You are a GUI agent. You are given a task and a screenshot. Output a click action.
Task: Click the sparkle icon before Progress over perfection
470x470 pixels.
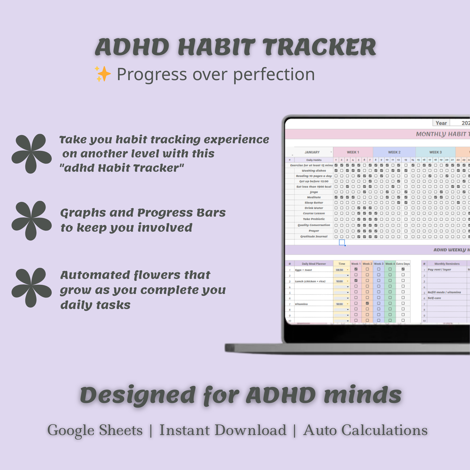click(102, 74)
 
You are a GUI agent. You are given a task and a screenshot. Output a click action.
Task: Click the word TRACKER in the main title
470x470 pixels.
click(319, 47)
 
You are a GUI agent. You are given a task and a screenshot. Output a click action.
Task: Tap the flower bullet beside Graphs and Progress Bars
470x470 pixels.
click(31, 220)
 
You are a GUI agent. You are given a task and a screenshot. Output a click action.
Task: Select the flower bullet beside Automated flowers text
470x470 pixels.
click(31, 287)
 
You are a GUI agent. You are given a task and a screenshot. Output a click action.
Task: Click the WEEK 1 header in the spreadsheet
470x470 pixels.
click(353, 152)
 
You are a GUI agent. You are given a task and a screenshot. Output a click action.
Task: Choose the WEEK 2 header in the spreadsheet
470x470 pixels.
click(394, 152)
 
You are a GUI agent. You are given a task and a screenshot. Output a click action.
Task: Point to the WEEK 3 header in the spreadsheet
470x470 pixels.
click(436, 152)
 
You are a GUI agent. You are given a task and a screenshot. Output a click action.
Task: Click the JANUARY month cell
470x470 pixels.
click(312, 152)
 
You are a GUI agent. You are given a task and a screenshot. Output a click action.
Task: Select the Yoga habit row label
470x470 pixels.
click(314, 192)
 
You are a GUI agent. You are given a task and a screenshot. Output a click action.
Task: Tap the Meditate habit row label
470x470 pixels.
click(314, 197)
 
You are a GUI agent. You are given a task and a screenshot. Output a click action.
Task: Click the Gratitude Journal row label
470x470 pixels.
click(314, 236)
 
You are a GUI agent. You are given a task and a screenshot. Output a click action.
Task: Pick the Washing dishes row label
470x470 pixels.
click(314, 170)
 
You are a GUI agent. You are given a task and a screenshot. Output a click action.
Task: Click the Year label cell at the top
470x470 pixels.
click(441, 123)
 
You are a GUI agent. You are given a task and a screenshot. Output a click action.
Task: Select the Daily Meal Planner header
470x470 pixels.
click(314, 264)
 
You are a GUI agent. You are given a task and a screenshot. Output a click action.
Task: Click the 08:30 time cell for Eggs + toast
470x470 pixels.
click(340, 270)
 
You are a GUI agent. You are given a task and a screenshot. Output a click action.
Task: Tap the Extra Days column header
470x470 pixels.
click(403, 264)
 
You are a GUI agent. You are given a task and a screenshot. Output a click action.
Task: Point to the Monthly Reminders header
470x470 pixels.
click(447, 264)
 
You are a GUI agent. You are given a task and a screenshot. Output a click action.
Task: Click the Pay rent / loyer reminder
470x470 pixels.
click(439, 270)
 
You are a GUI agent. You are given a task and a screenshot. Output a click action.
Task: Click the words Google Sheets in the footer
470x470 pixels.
click(95, 430)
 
